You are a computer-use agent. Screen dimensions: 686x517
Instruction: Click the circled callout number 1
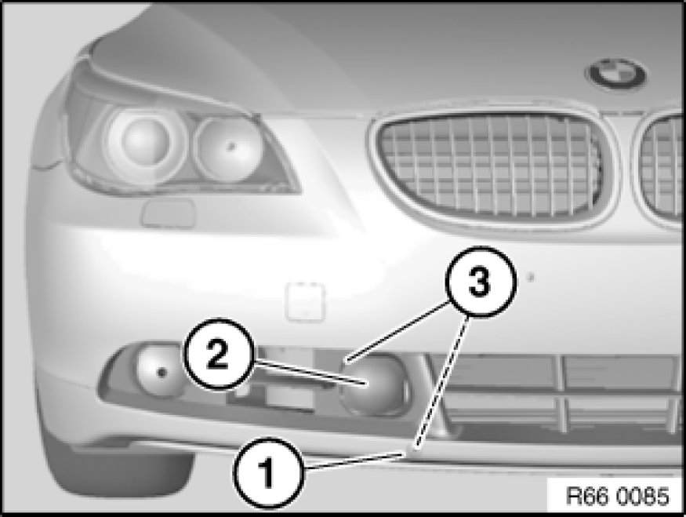[268, 473]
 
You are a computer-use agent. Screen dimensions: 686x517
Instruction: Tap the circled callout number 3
[481, 282]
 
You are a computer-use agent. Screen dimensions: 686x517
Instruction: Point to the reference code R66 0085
[617, 496]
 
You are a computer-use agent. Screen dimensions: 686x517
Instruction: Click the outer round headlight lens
[145, 139]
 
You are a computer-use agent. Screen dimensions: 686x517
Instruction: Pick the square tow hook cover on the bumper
[305, 301]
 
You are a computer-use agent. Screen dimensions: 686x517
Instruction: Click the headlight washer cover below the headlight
[168, 213]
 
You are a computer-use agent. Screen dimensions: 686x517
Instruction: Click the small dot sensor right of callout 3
[531, 277]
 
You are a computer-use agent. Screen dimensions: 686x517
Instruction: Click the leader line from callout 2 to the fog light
[308, 372]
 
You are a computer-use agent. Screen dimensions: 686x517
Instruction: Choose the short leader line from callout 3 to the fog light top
[398, 331]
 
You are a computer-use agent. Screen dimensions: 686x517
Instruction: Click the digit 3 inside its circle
[480, 282]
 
